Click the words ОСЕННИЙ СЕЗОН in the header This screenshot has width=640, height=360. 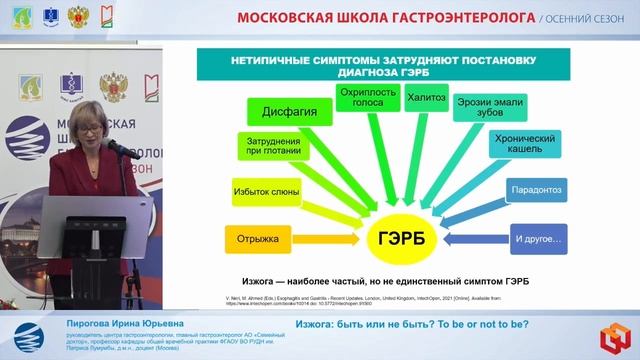(579, 19)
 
